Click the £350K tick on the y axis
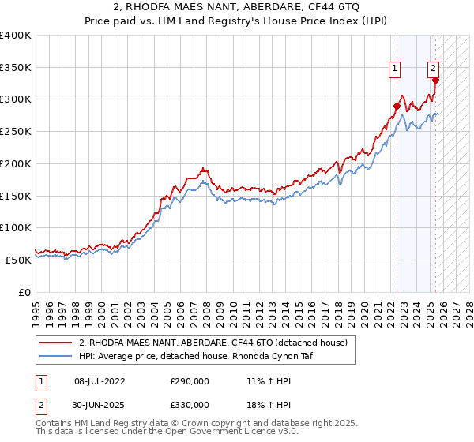(x=16, y=68)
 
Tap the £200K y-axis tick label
(x=16, y=164)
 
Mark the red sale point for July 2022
(x=397, y=106)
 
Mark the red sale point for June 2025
(x=435, y=80)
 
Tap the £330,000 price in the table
(x=190, y=404)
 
